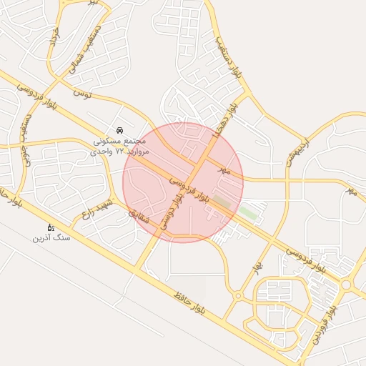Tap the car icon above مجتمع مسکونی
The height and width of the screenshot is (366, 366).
coord(120,130)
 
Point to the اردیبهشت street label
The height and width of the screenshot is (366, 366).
coord(295,150)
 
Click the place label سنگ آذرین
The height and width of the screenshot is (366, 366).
coord(51,237)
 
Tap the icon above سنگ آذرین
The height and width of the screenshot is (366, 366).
coord(50,227)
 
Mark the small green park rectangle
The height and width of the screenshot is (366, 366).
coord(247,212)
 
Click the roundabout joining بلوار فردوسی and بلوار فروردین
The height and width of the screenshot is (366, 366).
coord(347,285)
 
